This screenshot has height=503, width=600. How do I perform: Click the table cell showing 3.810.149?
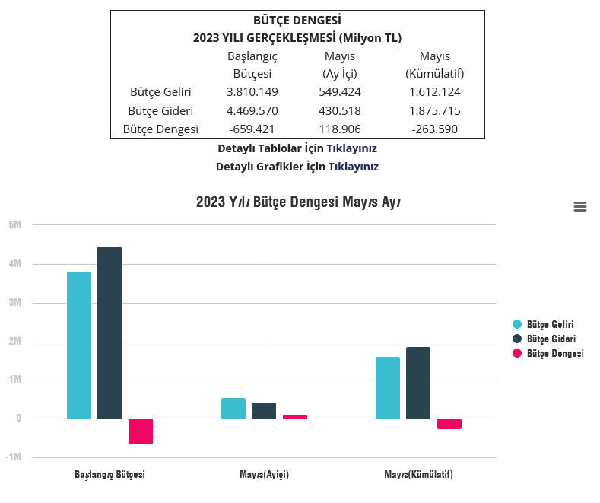click(252, 92)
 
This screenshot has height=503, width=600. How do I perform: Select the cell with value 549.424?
click(339, 92)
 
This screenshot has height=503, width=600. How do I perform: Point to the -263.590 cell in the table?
click(434, 129)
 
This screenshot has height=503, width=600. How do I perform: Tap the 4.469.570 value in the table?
click(252, 111)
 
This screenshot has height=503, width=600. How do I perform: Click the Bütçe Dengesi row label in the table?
click(160, 129)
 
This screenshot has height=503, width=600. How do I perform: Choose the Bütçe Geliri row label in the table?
click(160, 92)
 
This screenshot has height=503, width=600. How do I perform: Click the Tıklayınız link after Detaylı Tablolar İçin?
click(351, 148)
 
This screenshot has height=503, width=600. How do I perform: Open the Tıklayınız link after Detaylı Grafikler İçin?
click(353, 167)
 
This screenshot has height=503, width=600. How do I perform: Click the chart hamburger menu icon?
click(580, 206)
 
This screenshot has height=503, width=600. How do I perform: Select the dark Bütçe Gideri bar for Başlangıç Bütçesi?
click(110, 333)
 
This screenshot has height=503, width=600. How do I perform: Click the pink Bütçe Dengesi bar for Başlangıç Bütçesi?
click(141, 431)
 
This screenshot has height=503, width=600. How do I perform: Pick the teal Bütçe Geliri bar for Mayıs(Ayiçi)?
click(233, 409)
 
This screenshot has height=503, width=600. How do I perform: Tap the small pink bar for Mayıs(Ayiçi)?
click(295, 416)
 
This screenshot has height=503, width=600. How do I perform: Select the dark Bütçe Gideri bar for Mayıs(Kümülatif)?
click(418, 383)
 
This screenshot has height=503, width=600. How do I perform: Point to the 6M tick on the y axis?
click(15, 224)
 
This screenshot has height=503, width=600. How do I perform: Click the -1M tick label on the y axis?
click(14, 457)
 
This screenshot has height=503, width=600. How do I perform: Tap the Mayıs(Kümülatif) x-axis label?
click(418, 474)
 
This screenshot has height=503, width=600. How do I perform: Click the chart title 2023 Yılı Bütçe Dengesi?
click(298, 202)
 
